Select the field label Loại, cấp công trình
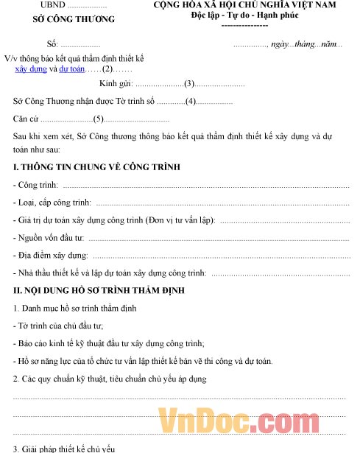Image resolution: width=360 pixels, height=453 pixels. click(x=52, y=203)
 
